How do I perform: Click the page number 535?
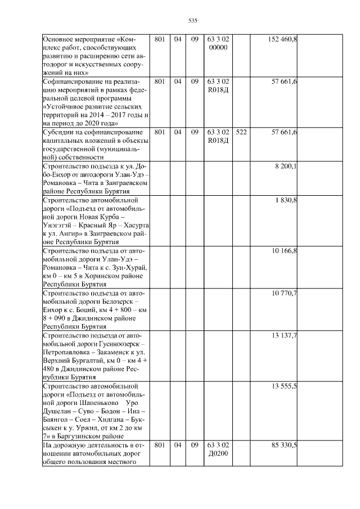(x=192, y=20)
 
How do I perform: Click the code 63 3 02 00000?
(x=218, y=43)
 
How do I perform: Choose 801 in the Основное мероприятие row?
(x=159, y=39)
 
